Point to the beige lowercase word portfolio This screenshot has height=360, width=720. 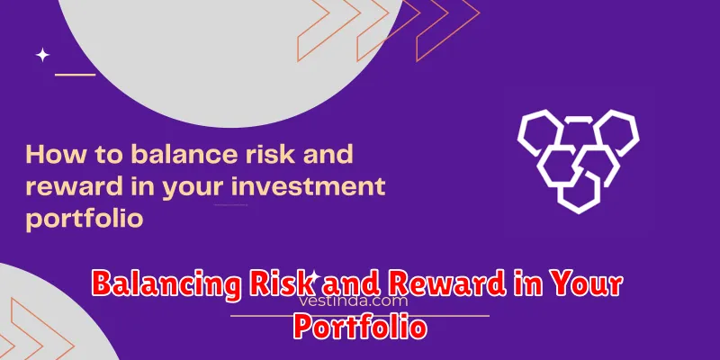85,220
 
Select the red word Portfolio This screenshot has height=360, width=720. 360,327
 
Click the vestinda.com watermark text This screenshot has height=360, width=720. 353,301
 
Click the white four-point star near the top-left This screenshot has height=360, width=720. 42,56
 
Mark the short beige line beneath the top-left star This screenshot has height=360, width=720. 76,75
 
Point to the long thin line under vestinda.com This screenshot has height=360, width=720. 359,316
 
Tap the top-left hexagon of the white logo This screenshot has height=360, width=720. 541,133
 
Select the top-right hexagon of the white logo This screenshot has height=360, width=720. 616,133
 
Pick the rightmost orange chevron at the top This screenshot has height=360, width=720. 448,31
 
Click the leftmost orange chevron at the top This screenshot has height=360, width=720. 328,31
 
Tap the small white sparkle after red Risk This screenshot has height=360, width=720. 314,277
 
